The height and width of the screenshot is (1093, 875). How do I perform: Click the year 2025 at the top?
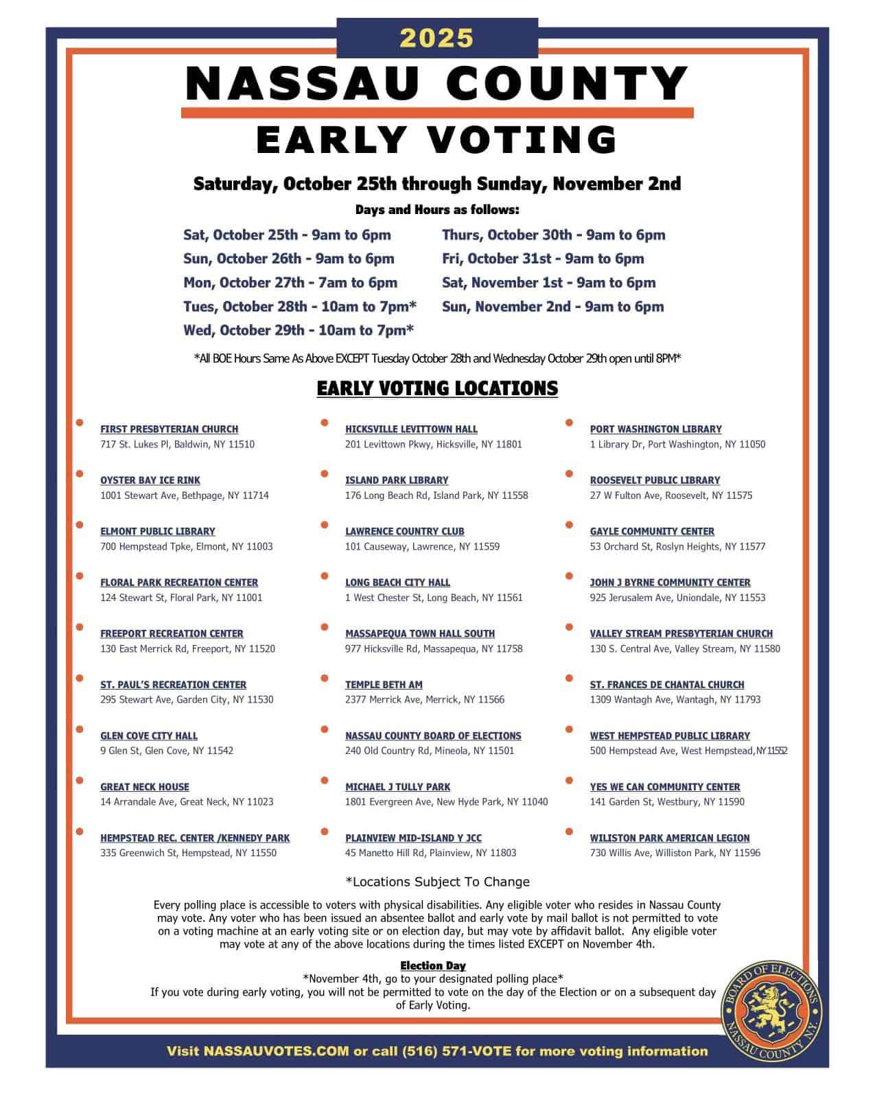click(436, 38)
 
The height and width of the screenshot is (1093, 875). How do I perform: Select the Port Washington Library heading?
click(655, 429)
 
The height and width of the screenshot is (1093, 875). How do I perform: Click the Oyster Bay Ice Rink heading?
click(150, 480)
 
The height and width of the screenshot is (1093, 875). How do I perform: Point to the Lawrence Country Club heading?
click(404, 531)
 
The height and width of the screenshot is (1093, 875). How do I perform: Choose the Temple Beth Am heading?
click(384, 684)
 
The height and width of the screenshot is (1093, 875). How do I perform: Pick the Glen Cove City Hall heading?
click(149, 736)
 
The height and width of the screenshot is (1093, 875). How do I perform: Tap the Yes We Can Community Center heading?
click(665, 786)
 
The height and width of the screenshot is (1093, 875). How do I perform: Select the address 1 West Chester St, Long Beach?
click(434, 598)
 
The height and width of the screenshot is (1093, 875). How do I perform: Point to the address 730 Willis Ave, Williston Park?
click(675, 853)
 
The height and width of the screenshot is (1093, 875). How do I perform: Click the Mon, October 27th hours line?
click(290, 283)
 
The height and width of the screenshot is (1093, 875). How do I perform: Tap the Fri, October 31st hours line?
click(543, 259)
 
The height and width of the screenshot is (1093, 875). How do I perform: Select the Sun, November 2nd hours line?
click(552, 307)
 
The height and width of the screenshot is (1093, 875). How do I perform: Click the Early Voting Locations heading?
click(437, 388)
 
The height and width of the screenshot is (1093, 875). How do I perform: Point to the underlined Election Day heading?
click(433, 966)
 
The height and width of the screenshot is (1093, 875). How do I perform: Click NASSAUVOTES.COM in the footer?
click(277, 1051)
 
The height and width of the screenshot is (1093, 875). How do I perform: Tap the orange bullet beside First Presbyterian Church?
click(80, 422)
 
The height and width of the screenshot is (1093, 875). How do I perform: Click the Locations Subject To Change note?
click(437, 882)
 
